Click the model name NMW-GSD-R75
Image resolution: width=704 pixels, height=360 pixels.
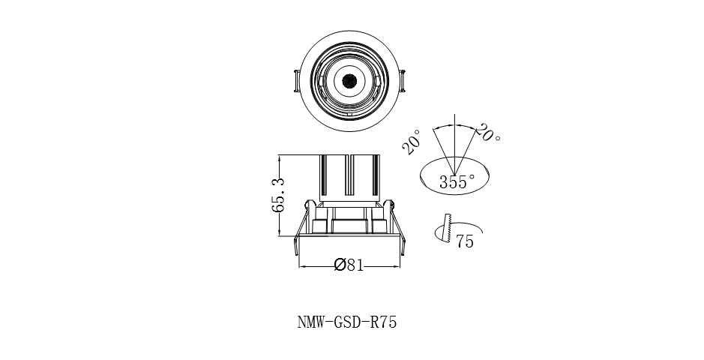tap(347, 322)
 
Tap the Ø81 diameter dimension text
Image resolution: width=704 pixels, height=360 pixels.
tap(349, 265)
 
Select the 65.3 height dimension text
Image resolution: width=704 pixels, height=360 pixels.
tap(279, 195)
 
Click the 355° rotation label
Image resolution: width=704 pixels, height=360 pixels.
tap(457, 181)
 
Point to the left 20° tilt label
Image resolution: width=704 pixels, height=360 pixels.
tap(412, 142)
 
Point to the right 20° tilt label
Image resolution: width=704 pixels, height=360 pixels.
tap(487, 132)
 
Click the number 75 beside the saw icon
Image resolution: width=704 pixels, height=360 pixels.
tap(465, 241)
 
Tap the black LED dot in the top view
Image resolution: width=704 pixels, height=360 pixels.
tap(349, 81)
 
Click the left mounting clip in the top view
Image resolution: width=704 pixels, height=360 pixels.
tap(296, 81)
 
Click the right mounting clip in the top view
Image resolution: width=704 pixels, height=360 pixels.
tap(403, 81)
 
